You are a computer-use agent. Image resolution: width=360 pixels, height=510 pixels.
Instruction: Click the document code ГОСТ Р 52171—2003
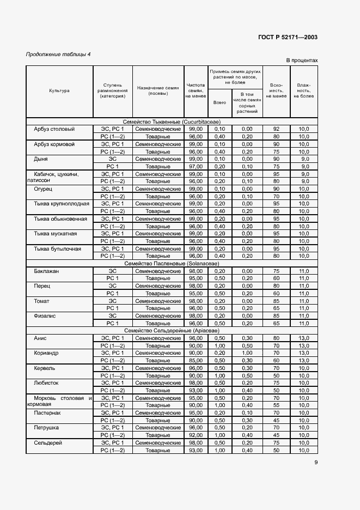[x=288, y=38]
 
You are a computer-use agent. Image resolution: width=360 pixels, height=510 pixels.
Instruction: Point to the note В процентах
[x=301, y=60]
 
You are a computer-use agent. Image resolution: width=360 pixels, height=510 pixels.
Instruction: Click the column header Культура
[x=59, y=90]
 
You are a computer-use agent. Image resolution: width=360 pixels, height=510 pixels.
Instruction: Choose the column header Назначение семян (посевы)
[x=158, y=90]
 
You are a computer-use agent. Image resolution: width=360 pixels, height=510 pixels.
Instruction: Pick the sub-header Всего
[x=219, y=102]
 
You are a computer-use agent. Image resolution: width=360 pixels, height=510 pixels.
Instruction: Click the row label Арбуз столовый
[x=54, y=129]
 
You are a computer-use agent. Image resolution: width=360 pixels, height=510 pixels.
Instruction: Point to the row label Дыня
[x=41, y=159]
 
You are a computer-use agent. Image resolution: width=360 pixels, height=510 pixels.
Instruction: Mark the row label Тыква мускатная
[x=55, y=234]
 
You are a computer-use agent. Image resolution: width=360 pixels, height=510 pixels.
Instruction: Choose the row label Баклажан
[x=46, y=271]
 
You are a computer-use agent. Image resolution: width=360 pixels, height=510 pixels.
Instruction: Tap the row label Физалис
[x=45, y=315]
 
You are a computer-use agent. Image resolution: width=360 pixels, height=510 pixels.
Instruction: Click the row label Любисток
[x=46, y=383]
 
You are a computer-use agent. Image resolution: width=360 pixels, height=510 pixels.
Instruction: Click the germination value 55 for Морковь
[x=276, y=405]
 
